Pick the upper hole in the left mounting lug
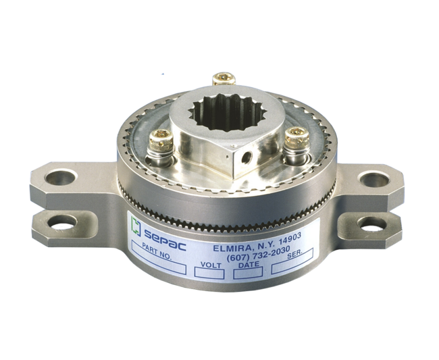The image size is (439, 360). point(61,178)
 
